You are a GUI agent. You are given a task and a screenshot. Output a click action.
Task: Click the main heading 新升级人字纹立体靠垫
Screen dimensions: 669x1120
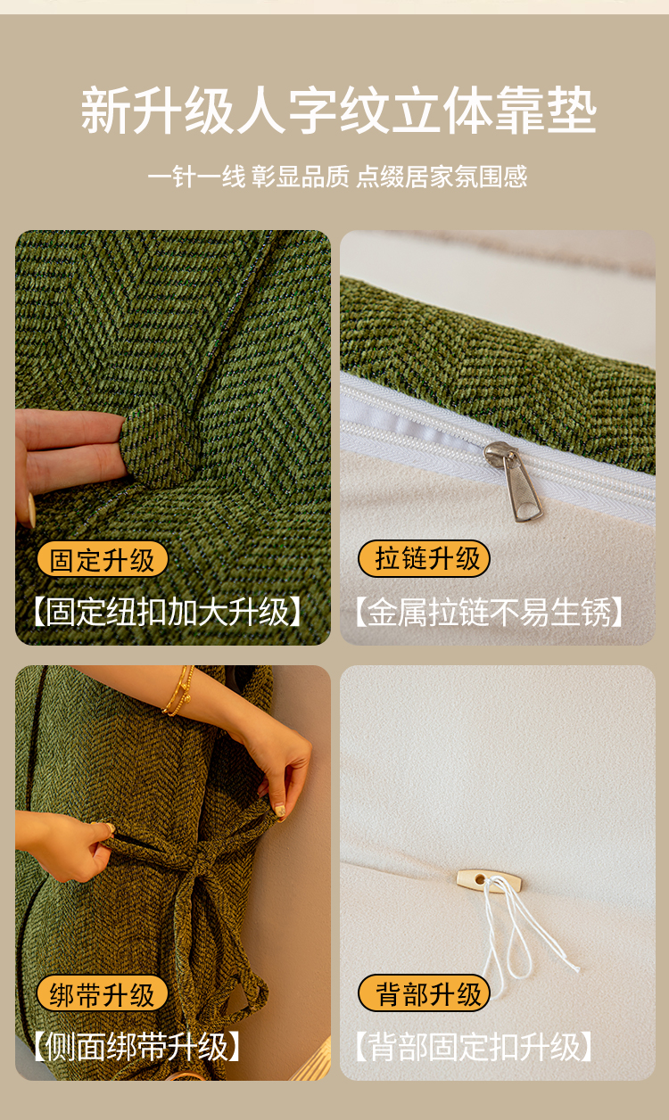(x=338, y=110)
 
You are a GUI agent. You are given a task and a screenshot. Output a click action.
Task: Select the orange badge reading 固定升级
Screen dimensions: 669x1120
(x=102, y=559)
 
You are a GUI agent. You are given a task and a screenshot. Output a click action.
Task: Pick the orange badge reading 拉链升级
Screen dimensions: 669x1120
(x=424, y=558)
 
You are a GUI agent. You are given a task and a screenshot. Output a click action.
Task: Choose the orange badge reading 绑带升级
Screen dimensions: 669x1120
(x=102, y=994)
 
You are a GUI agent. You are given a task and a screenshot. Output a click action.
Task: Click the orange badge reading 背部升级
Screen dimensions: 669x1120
(x=424, y=993)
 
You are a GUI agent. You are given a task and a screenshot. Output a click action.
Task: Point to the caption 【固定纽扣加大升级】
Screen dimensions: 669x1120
(x=168, y=611)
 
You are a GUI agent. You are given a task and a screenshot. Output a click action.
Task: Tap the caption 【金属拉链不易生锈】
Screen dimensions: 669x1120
(x=489, y=612)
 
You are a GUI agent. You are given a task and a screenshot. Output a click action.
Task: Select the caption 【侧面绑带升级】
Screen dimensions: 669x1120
(x=136, y=1047)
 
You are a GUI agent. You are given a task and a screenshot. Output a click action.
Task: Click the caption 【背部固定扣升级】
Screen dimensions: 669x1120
(x=474, y=1046)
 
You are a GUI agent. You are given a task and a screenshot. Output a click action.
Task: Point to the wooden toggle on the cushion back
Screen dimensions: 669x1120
(x=489, y=880)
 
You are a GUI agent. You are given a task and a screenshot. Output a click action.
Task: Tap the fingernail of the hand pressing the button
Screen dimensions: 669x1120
(x=31, y=510)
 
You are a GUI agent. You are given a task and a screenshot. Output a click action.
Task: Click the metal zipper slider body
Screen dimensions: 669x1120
(x=500, y=452)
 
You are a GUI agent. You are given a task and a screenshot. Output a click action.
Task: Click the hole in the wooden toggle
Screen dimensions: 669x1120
(x=481, y=878)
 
